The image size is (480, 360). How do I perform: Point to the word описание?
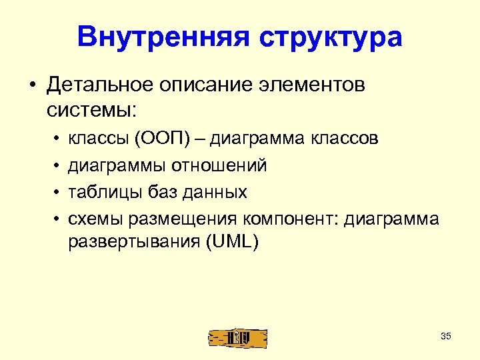tap(198, 86)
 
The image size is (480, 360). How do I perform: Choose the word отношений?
tap(219, 165)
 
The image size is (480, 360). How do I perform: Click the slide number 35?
tap(446, 336)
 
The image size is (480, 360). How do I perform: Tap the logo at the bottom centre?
tap(238, 338)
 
